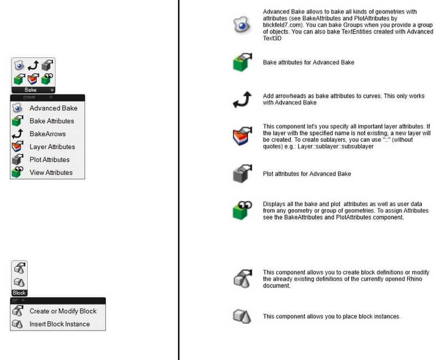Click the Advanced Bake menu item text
point(53,108)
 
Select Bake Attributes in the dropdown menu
point(52,121)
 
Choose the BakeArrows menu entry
point(47,134)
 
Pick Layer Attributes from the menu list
point(52,147)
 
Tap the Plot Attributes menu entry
point(49,159)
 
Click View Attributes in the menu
point(51,172)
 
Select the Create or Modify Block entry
point(63,311)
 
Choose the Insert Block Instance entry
point(59,324)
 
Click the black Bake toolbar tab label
point(31,89)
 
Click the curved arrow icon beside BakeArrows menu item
point(17,134)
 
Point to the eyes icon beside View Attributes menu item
point(17,172)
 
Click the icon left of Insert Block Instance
point(17,324)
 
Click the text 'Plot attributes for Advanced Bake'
point(307,174)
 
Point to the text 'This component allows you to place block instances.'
point(331,317)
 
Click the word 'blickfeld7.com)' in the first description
point(282,25)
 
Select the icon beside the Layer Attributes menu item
point(17,147)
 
